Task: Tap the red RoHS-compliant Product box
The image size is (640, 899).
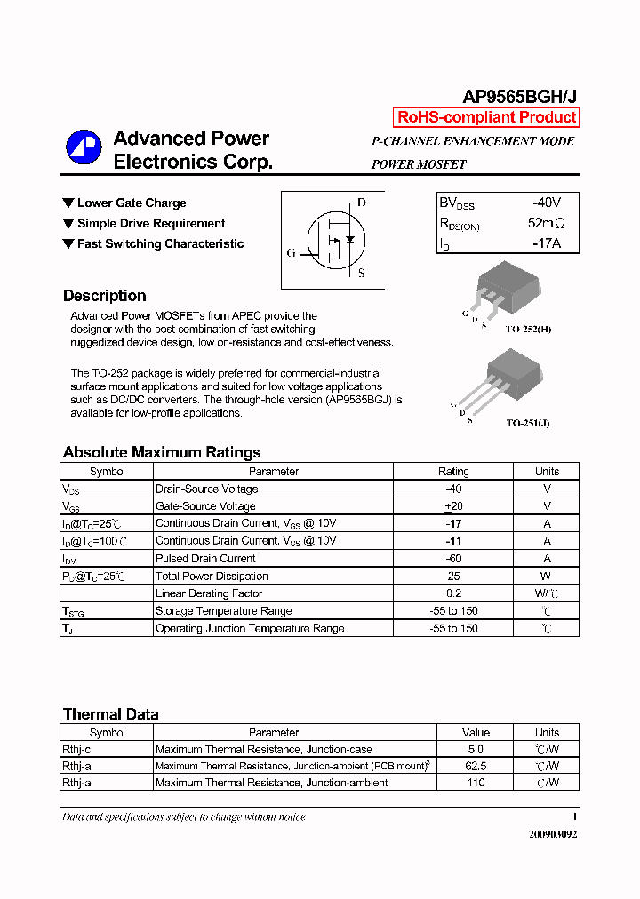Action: tap(486, 117)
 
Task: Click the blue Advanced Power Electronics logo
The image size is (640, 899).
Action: tap(84, 148)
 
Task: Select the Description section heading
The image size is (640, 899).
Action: tap(105, 296)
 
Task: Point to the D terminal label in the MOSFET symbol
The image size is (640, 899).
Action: tap(361, 203)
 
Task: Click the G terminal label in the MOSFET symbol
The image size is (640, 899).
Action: tap(291, 253)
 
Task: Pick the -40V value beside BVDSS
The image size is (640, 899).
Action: tap(547, 203)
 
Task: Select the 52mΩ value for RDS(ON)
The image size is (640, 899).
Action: tap(546, 223)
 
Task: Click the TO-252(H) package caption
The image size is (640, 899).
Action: tap(528, 330)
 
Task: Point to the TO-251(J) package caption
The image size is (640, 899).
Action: tap(528, 424)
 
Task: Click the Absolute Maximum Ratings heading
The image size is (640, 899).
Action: tap(162, 452)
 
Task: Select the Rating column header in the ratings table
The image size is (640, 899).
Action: tap(453, 472)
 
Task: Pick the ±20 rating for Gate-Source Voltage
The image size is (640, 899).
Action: tap(453, 506)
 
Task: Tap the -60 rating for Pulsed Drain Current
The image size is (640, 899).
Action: tap(453, 559)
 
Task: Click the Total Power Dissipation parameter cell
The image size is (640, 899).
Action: tap(212, 577)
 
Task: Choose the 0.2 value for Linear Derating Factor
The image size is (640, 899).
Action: tap(453, 593)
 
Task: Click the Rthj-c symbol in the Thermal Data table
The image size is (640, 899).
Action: tap(77, 750)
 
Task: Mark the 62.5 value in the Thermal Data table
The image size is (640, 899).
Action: tap(476, 766)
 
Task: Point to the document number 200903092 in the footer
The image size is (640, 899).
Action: tap(552, 835)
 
